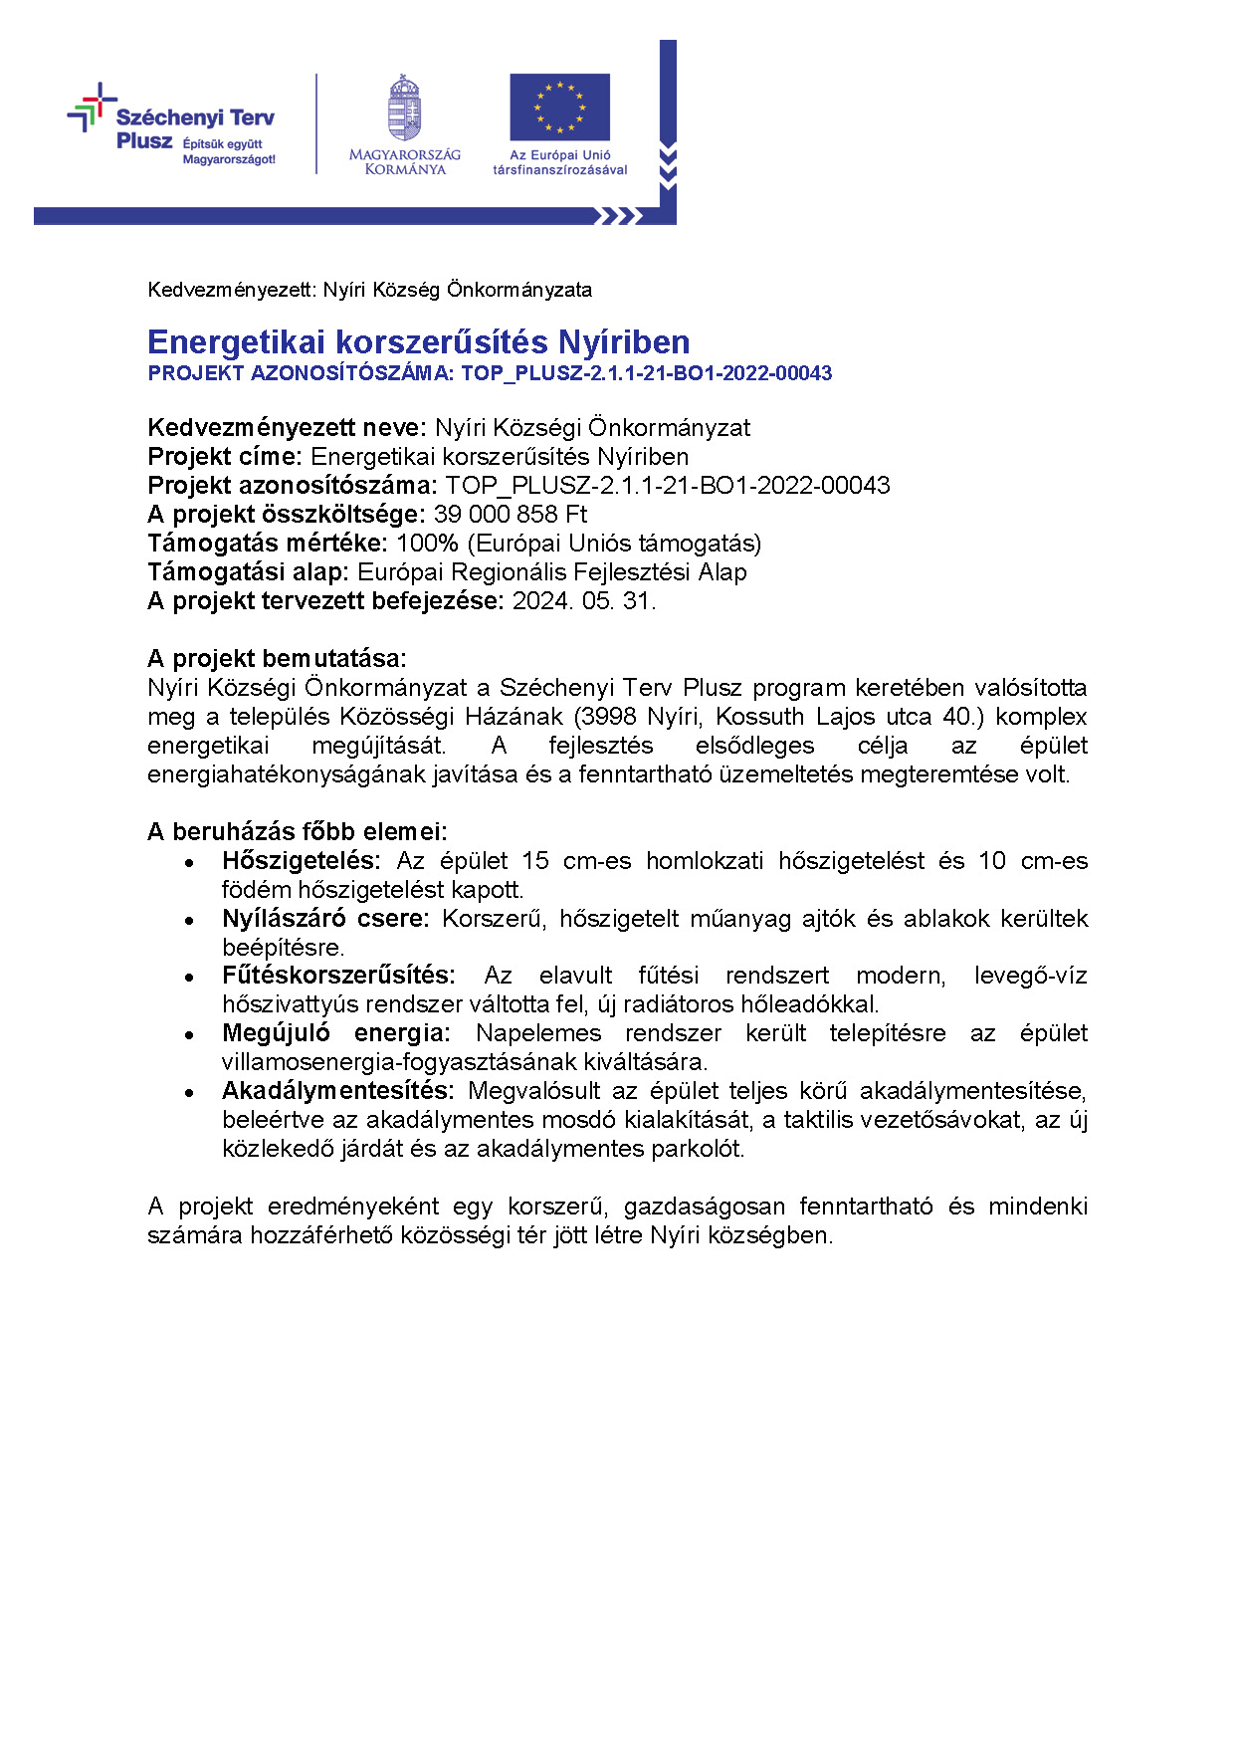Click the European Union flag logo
coord(559,107)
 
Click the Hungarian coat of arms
coord(404,109)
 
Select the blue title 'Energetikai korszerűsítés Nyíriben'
coord(418,342)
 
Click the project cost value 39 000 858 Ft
coord(511,515)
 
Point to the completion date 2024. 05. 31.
coord(584,601)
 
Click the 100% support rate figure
coord(427,544)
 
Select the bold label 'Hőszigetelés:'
coord(302,861)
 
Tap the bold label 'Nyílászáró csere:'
coord(325,919)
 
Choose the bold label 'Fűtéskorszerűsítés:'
coord(338,976)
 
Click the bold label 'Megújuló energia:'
coord(336,1033)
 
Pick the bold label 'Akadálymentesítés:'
coord(338,1091)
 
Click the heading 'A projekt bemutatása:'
coord(277,659)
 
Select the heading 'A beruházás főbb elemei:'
coord(298,832)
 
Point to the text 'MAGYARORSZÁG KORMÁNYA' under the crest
coord(404,162)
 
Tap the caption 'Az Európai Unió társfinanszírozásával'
coord(560,162)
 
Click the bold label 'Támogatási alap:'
coord(248,572)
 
